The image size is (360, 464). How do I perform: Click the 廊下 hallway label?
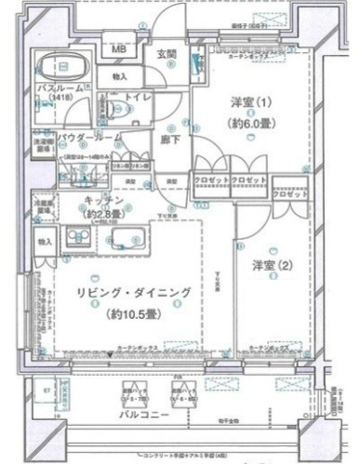168,139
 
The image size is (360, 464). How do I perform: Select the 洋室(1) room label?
247,103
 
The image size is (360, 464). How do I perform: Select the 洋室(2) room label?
273,264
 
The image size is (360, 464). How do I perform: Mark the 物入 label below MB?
120,76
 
